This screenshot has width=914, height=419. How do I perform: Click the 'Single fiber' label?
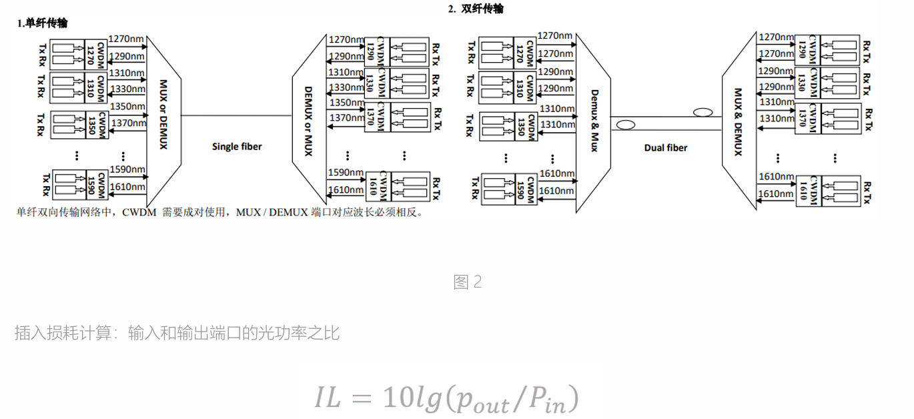pos(237,147)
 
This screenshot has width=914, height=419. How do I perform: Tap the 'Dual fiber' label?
pos(666,147)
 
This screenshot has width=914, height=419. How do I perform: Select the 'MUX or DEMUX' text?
pos(163,114)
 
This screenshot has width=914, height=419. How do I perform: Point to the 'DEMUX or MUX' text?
pos(308,121)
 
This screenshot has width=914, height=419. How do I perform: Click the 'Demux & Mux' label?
pos(594,120)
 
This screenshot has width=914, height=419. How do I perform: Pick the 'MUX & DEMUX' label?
pos(738,121)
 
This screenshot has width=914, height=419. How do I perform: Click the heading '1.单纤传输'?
pos(42,23)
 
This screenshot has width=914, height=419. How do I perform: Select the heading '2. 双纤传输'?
pos(476,9)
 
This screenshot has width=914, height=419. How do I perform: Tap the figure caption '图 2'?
pos(468,282)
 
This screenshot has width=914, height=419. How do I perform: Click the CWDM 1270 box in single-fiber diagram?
pos(95,55)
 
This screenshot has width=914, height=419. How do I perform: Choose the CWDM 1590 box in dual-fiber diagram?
pos(526,189)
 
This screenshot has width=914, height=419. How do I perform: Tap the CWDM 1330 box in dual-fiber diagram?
pos(807,83)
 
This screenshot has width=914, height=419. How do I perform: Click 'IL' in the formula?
pos(328,398)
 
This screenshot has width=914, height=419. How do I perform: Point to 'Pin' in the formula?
pos(548,399)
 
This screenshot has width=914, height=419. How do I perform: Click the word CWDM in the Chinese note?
pos(139,212)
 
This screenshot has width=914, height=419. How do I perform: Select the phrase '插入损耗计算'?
pos(63,333)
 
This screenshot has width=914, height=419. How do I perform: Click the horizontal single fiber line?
pos(237,115)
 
